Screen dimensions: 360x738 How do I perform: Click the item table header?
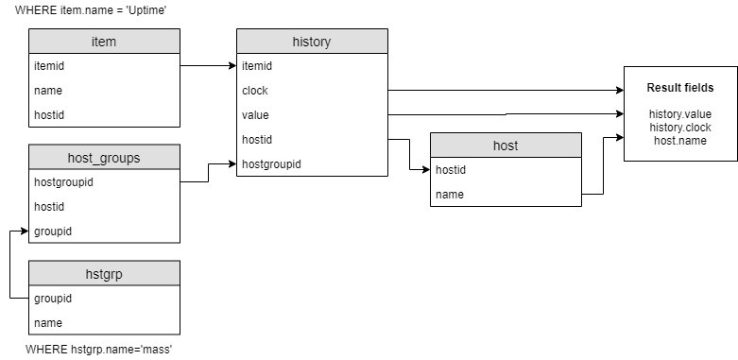tap(104, 42)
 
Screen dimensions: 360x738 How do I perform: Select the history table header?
tap(312, 42)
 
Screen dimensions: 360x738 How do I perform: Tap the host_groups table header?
tap(104, 158)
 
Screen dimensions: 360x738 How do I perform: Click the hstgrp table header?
tap(104, 273)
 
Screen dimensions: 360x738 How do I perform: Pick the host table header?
tap(506, 146)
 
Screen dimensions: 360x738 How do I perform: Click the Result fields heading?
tap(679, 88)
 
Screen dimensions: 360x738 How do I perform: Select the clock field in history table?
tap(255, 91)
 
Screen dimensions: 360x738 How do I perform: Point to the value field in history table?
tap(256, 115)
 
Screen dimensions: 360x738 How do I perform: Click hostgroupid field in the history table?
tap(272, 163)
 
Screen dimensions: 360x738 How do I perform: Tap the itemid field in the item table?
tap(48, 66)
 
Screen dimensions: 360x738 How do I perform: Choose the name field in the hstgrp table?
tap(47, 322)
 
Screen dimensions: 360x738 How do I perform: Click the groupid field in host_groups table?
tap(52, 231)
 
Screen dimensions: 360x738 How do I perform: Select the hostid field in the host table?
tap(451, 170)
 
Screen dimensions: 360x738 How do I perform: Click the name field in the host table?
tap(449, 194)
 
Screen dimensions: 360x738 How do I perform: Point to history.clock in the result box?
tap(679, 127)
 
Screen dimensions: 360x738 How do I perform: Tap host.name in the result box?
tap(679, 140)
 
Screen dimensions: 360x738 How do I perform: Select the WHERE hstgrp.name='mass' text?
tap(98, 350)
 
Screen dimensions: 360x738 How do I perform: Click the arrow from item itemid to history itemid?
tap(208, 66)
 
